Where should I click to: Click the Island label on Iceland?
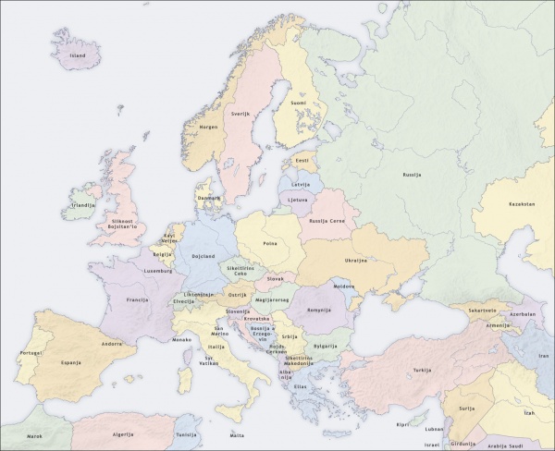point(78,55)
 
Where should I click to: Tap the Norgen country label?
point(209,127)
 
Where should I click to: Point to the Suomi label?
point(299,103)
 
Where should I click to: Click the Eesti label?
point(302,160)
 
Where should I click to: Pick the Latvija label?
point(301,184)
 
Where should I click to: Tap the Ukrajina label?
point(356,261)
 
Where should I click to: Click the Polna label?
point(270,243)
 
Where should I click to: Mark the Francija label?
point(138,300)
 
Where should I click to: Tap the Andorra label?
point(112,344)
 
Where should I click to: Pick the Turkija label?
point(423,370)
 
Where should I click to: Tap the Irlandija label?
point(83,205)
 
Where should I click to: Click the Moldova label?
point(344,286)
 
